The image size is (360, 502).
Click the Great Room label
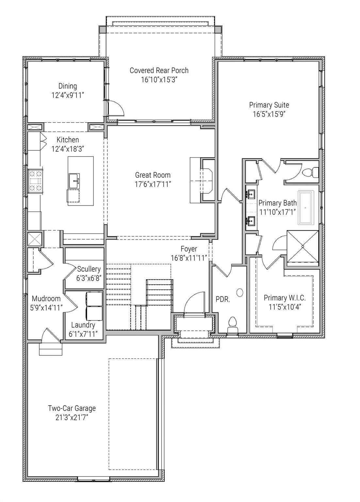(x=153, y=175)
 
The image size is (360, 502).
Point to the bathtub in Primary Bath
(x=305, y=207)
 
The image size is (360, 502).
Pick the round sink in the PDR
(x=240, y=293)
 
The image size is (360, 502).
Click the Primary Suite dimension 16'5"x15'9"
(x=269, y=114)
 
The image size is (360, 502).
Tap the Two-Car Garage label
(x=72, y=408)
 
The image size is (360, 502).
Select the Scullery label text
(x=89, y=269)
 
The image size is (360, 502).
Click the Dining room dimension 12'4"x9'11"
(x=68, y=95)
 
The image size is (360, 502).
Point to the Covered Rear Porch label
(x=159, y=70)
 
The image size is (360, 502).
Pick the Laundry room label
(x=83, y=325)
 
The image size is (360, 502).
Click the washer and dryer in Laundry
(x=94, y=306)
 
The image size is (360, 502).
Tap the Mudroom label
(x=46, y=298)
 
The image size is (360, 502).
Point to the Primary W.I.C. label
(x=285, y=298)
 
